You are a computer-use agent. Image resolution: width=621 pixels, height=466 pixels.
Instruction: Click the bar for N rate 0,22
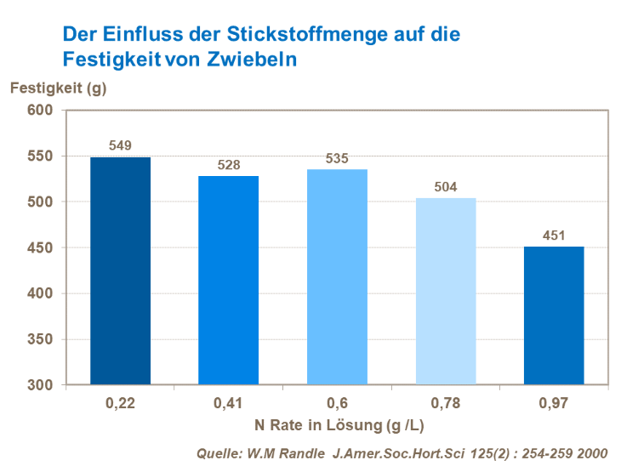[120, 270]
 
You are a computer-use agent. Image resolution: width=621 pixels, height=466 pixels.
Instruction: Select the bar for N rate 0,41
[228, 280]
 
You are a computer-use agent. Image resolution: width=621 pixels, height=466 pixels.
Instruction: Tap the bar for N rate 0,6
[337, 276]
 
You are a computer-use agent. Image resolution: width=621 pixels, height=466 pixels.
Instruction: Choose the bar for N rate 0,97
[554, 315]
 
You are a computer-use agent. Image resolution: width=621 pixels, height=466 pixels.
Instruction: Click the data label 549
[120, 146]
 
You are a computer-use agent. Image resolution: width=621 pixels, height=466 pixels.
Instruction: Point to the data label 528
[228, 165]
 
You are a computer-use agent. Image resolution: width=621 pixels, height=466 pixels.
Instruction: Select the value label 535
[337, 158]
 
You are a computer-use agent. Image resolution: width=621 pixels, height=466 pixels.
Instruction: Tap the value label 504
[446, 187]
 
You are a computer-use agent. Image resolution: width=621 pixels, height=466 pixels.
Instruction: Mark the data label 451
[554, 236]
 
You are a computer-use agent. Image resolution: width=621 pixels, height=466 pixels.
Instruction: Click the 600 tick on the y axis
[41, 111]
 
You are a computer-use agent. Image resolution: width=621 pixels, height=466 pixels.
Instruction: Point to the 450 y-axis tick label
[41, 248]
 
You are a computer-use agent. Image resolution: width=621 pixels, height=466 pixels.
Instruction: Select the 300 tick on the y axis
[41, 385]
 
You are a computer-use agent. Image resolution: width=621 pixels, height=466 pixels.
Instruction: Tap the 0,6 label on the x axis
[337, 402]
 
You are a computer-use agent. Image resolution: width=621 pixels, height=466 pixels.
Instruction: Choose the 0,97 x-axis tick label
[554, 402]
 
